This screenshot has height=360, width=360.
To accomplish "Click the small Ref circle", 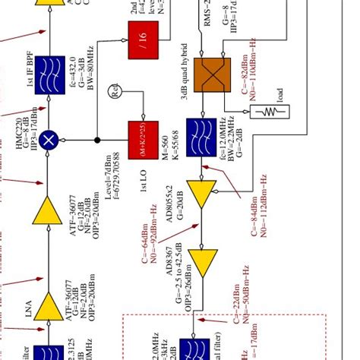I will point(116,92).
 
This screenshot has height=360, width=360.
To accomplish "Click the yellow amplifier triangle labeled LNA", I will point(51,307).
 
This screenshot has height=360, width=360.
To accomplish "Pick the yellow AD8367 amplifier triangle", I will point(203,264).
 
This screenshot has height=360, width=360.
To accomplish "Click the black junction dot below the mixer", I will point(97,140).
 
